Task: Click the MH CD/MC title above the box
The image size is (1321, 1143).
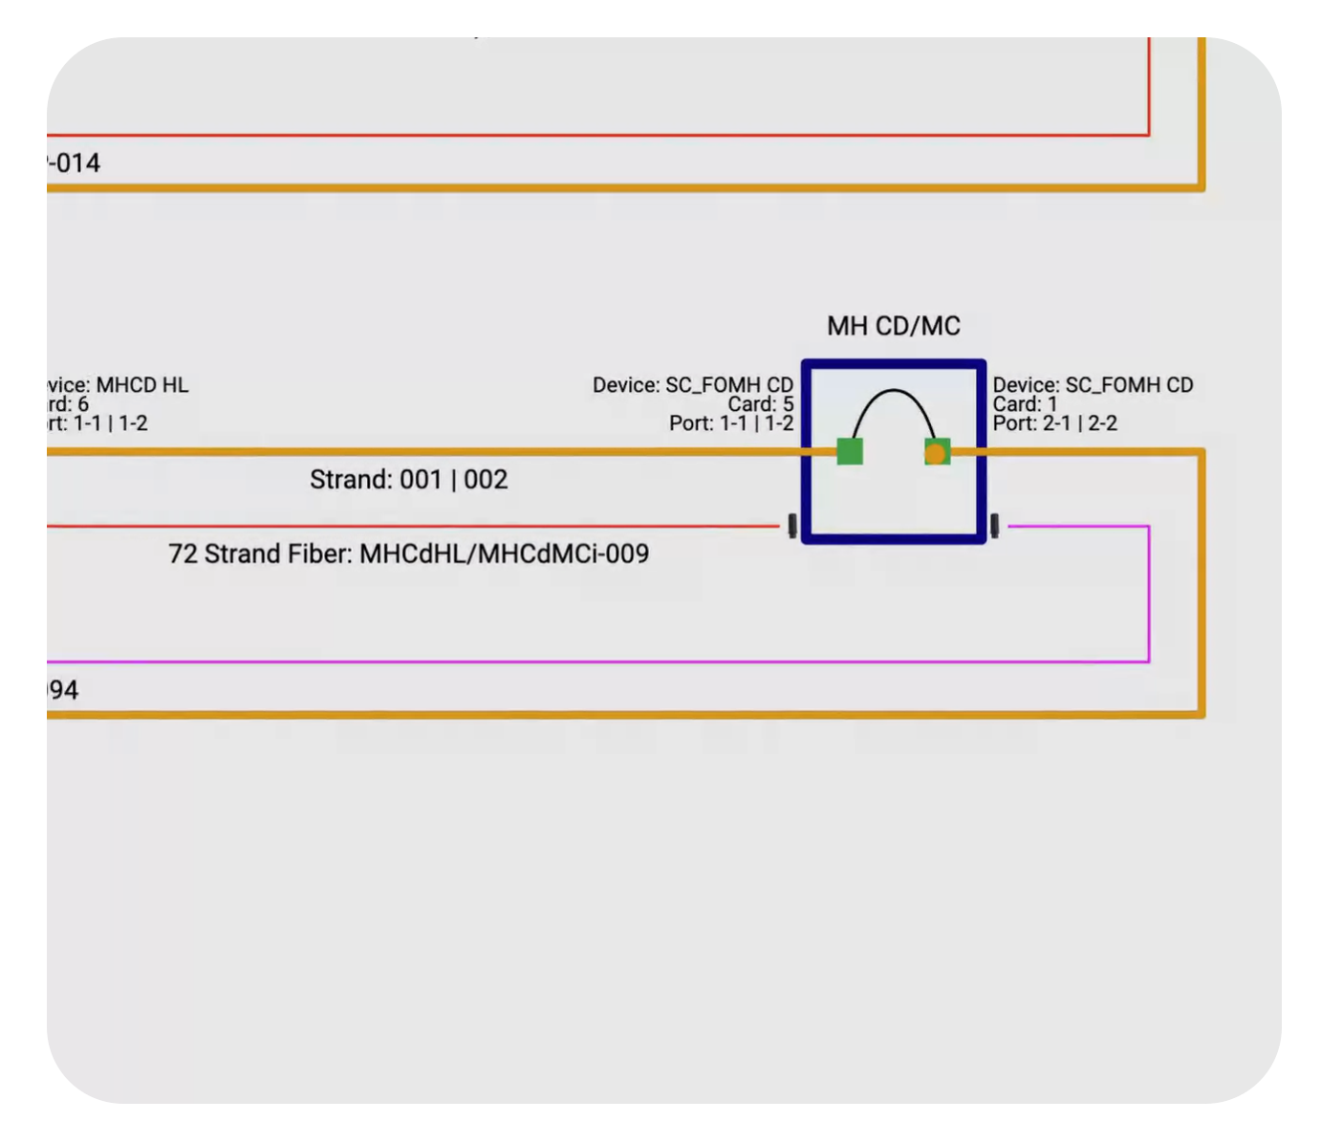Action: (x=893, y=327)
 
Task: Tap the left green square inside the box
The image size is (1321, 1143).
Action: (x=850, y=451)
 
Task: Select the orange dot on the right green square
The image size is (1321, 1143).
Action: (x=936, y=453)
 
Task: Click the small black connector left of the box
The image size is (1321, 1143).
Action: (x=792, y=526)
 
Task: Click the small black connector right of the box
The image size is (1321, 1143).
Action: (x=995, y=526)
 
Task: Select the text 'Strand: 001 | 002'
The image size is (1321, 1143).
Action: (x=408, y=480)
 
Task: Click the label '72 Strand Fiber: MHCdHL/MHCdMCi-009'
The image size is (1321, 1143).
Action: (x=408, y=554)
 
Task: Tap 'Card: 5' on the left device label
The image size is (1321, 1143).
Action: (x=760, y=404)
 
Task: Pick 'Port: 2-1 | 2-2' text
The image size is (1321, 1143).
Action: (x=1054, y=423)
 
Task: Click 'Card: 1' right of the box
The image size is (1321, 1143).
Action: (x=1025, y=404)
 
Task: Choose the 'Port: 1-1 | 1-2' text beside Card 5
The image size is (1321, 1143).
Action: (x=731, y=423)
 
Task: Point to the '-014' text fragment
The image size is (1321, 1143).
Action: (x=75, y=163)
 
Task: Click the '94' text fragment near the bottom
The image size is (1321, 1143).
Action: (x=64, y=690)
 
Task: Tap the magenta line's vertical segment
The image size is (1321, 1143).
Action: (x=1148, y=593)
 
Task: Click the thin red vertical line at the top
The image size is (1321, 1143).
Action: (x=1148, y=86)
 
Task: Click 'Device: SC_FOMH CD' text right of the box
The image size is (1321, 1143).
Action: (x=1093, y=385)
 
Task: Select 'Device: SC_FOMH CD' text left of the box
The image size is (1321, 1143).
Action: (x=692, y=385)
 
